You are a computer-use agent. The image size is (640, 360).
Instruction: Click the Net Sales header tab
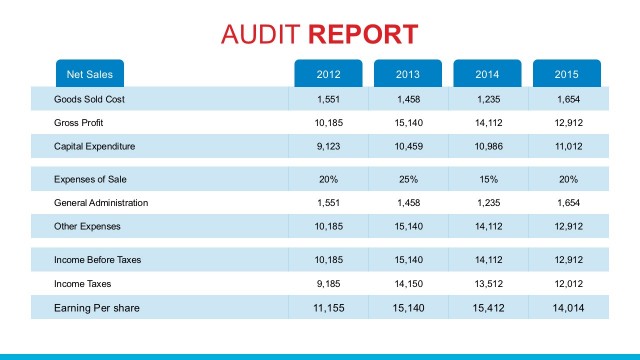click(90, 74)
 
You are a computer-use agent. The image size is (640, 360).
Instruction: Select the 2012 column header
click(328, 74)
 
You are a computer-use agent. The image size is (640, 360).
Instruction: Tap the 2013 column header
click(408, 74)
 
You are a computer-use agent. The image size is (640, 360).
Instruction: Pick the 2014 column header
click(487, 74)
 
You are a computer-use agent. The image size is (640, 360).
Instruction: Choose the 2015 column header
click(567, 74)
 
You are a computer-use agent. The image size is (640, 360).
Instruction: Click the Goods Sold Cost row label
click(89, 99)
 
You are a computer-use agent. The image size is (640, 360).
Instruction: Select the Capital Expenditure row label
click(94, 147)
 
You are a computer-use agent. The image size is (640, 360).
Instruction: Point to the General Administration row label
click(101, 203)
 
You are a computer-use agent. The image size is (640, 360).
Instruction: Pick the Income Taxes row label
click(83, 284)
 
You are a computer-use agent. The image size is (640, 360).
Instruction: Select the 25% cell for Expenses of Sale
click(408, 179)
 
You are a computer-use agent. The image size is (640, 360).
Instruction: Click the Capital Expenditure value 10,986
click(487, 147)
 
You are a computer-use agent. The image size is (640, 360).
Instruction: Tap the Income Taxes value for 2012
click(328, 284)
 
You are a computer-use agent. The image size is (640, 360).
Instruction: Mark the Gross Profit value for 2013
click(408, 123)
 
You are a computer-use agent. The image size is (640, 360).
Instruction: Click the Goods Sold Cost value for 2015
click(567, 99)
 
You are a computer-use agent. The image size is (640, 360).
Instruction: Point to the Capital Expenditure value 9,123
click(328, 147)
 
